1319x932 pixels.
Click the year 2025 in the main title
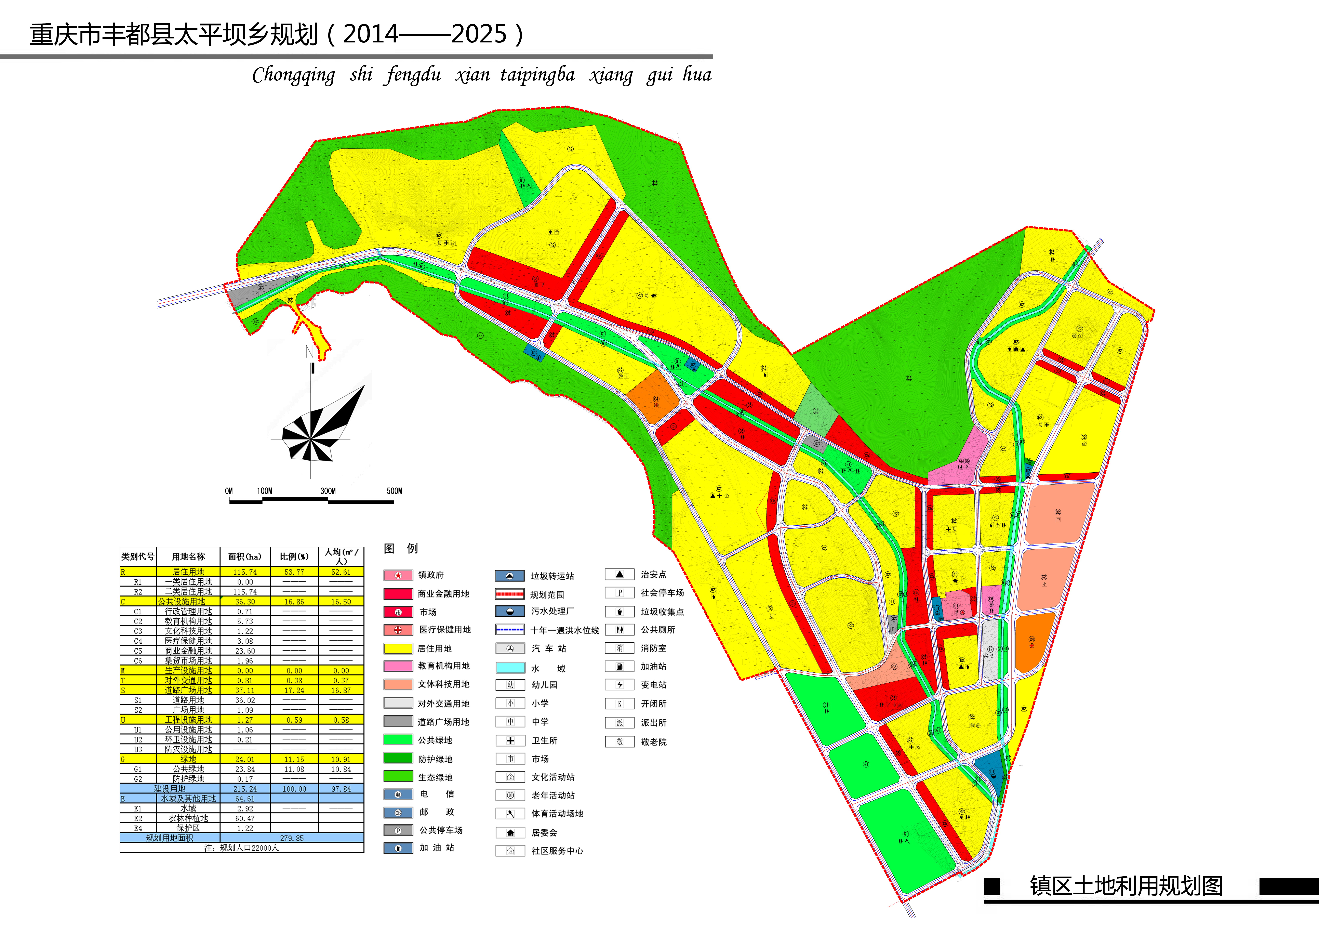point(479,35)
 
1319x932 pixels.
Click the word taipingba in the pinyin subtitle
point(537,75)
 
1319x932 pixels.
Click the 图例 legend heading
point(400,548)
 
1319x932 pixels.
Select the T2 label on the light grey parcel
point(990,649)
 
